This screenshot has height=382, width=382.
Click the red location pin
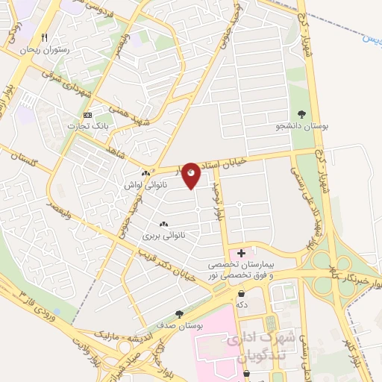click(192, 175)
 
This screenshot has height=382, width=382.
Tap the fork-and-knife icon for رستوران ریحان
click(46, 38)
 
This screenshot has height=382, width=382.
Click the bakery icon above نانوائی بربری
click(163, 225)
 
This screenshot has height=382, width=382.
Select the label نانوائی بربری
click(163, 235)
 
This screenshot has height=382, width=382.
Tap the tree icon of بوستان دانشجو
click(301, 114)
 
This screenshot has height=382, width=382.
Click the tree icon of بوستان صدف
click(178, 314)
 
